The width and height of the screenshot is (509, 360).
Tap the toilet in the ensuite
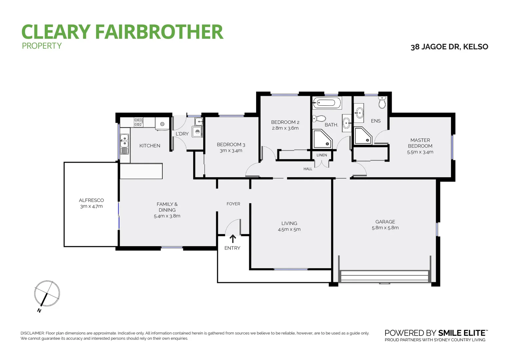382,102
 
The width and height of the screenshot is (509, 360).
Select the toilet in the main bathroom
319,118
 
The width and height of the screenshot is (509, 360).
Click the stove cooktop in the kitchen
139,122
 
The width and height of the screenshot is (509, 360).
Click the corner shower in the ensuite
362,136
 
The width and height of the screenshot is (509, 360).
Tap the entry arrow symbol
233,239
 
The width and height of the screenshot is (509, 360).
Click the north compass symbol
47,294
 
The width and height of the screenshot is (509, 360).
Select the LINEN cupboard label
321,155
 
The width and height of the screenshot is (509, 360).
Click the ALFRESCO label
91,200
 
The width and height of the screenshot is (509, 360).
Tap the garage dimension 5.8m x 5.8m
385,228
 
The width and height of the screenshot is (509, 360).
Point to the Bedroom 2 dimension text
285,128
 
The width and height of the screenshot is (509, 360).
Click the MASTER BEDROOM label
420,143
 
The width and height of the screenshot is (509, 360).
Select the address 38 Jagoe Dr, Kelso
449,47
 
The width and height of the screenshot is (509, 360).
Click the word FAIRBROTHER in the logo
159,32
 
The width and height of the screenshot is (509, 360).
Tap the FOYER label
233,204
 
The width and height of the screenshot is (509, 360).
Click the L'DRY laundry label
182,134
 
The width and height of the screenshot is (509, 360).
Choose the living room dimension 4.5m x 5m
289,229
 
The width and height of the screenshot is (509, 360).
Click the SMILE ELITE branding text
462,333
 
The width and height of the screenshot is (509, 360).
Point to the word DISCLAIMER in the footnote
32,333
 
